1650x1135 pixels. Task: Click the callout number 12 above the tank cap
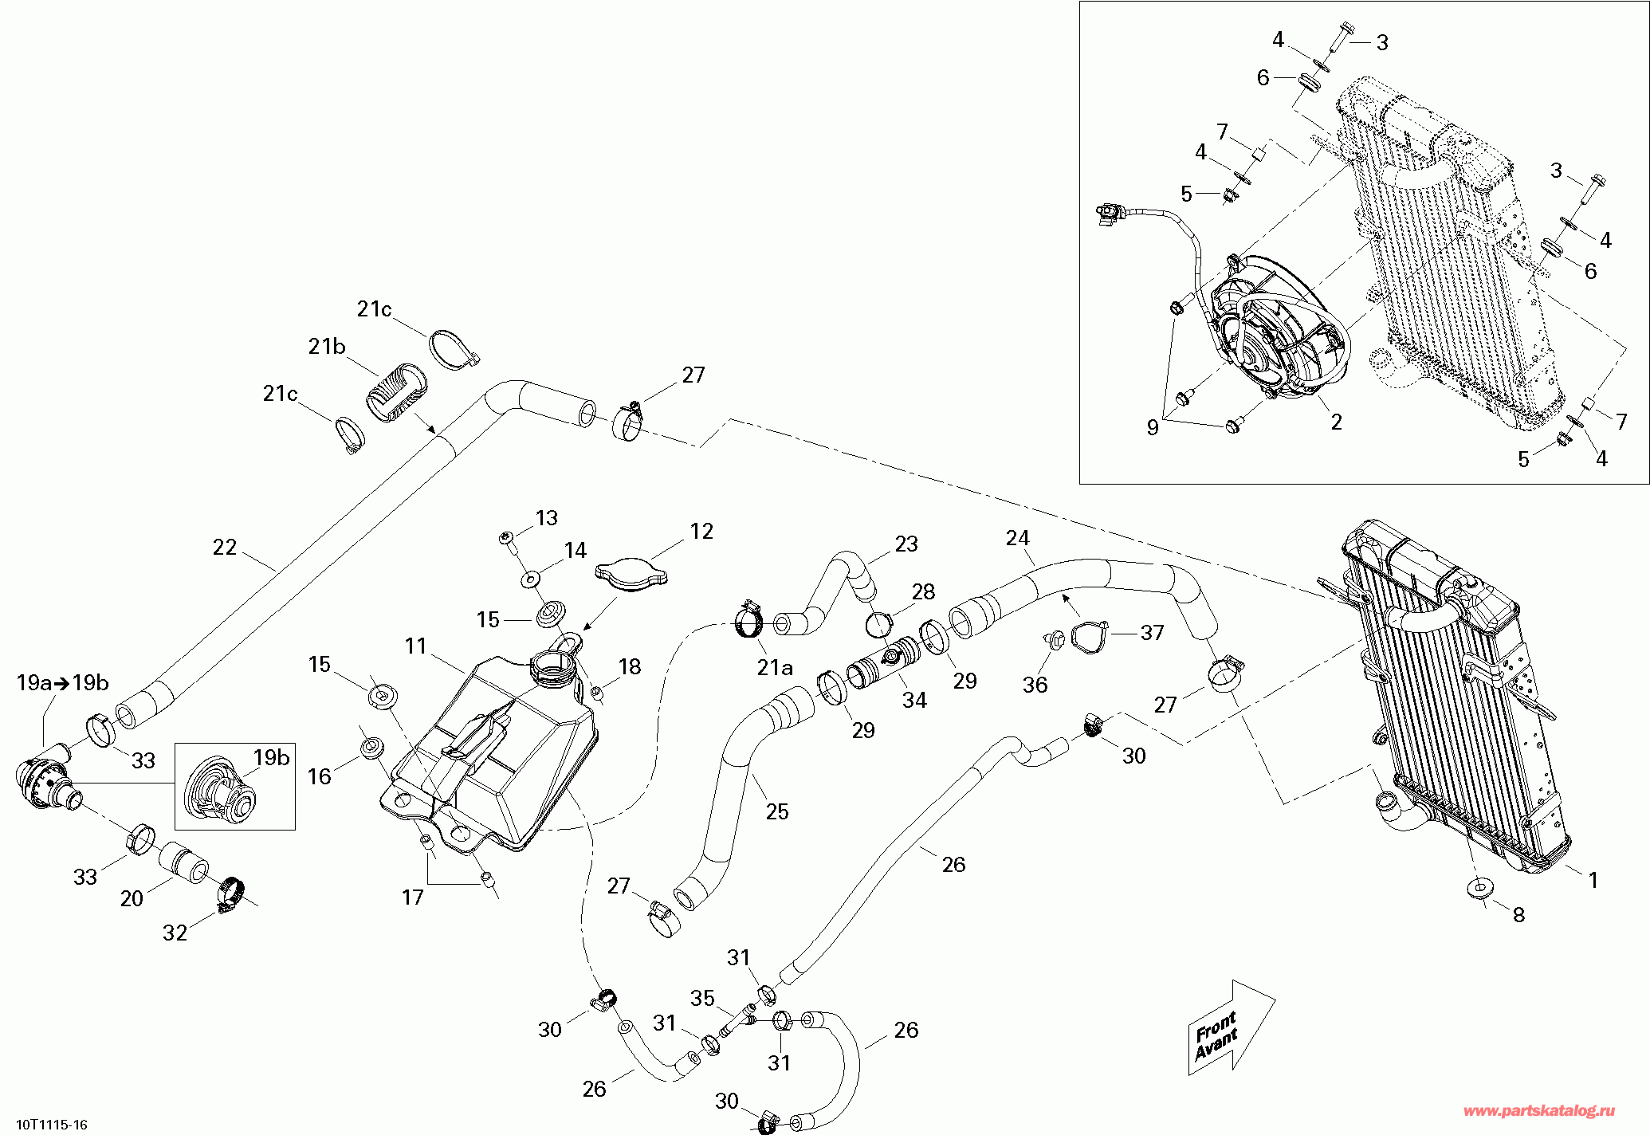click(x=701, y=532)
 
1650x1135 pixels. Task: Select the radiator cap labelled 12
click(x=631, y=575)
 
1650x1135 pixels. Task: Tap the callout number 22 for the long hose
click(x=225, y=548)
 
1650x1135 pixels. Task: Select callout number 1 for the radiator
click(x=1593, y=880)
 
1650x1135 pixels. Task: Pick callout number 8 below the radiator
click(x=1518, y=915)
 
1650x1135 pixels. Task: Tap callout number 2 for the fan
click(x=1337, y=422)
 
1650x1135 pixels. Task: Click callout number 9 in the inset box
click(x=1153, y=428)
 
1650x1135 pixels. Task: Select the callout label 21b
click(x=327, y=347)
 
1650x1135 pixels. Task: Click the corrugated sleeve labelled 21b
click(x=396, y=393)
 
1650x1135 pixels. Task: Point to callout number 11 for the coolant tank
click(x=415, y=646)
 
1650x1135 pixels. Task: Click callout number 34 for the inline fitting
click(x=914, y=701)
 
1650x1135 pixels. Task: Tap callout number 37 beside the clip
click(x=1153, y=633)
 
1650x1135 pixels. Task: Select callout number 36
click(x=1035, y=685)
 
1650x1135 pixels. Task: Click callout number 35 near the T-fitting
click(x=703, y=998)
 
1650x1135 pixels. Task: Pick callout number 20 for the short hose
click(x=132, y=899)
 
